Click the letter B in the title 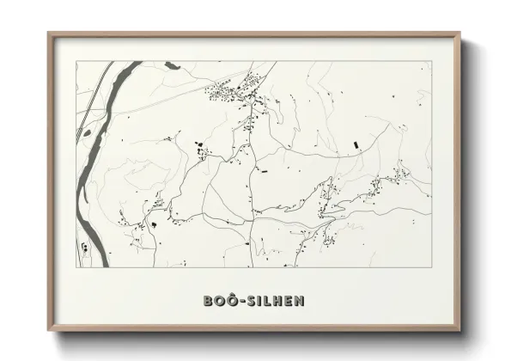click(209, 301)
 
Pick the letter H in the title click(277, 301)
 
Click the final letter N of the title click(299, 301)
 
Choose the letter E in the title click(289, 301)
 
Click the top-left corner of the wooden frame click(48, 34)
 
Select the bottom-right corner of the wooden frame click(462, 332)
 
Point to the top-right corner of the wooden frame click(462, 34)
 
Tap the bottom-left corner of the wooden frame click(48, 332)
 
